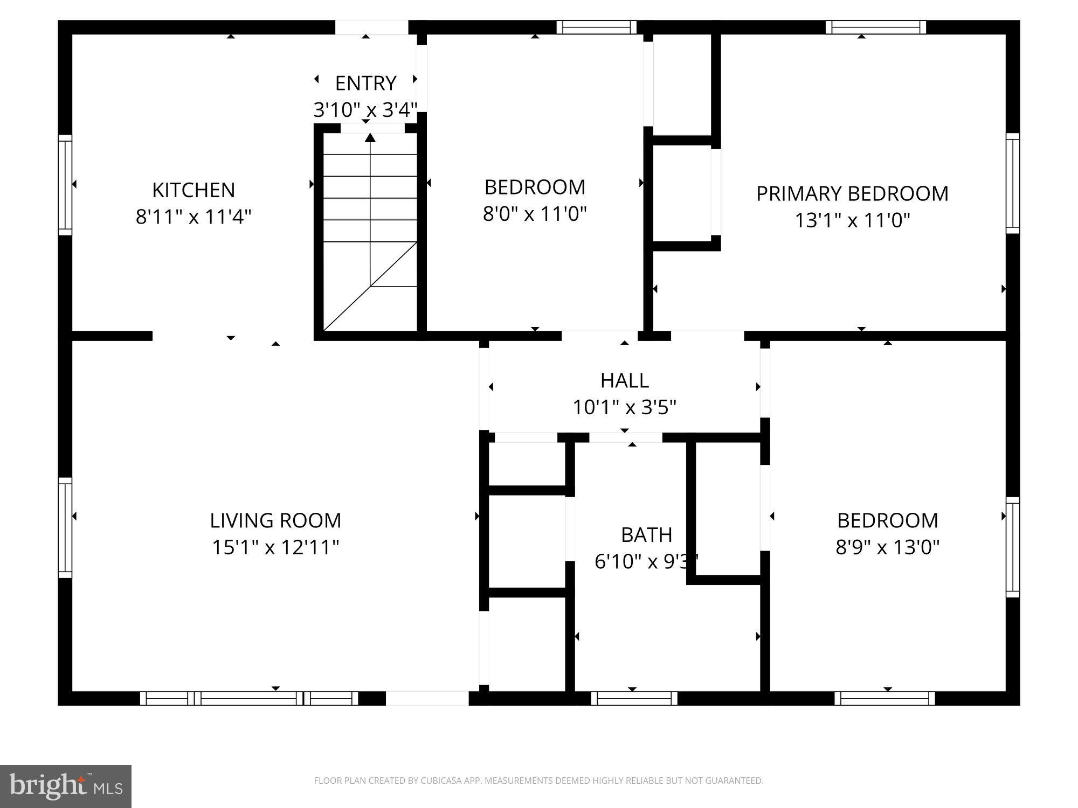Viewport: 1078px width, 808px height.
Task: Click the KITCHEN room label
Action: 194,190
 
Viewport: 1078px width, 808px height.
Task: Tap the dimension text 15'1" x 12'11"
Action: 275,547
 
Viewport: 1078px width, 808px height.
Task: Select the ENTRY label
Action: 365,83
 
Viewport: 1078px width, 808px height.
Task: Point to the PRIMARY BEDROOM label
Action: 852,194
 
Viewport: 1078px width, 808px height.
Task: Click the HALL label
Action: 624,381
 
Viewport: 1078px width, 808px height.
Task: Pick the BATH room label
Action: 646,535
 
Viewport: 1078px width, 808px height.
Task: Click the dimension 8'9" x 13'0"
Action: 887,547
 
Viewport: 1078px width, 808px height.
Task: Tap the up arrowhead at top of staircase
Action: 370,138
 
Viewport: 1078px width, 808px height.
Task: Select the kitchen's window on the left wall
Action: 65,185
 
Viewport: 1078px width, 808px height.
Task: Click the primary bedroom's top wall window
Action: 875,27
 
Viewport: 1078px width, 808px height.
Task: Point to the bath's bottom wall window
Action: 634,699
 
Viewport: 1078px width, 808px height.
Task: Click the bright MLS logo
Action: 66,786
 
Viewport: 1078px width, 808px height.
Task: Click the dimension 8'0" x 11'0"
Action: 534,214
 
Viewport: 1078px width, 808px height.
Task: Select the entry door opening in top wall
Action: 371,27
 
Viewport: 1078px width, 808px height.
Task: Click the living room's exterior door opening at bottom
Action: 427,699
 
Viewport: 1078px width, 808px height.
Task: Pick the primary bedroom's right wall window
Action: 1013,183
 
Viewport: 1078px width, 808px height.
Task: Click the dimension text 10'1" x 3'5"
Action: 624,407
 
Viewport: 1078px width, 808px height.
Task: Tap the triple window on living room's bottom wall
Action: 249,699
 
